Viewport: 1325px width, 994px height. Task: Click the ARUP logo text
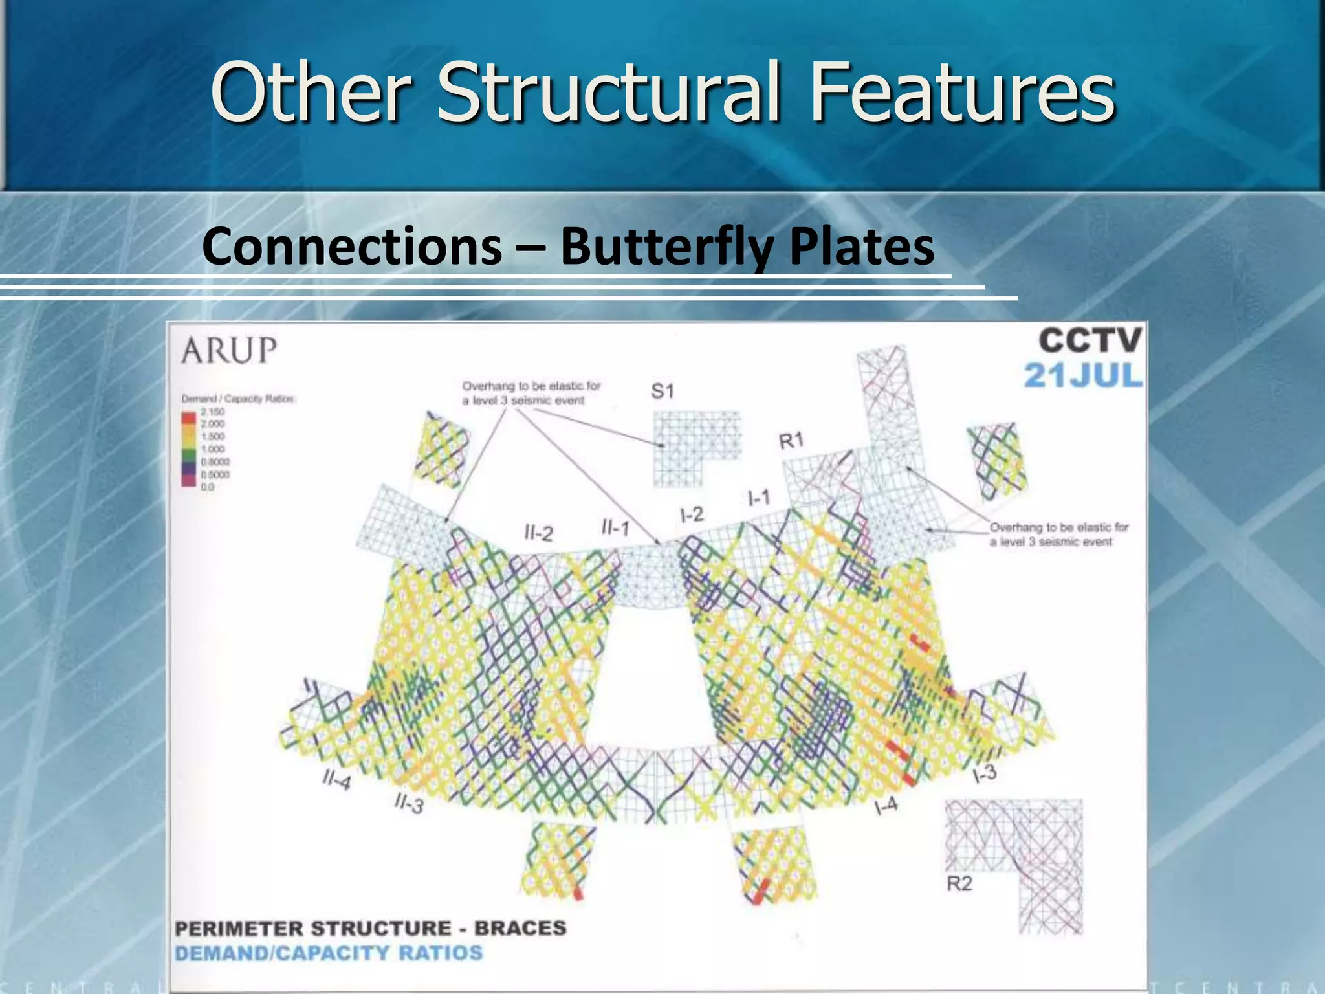click(229, 351)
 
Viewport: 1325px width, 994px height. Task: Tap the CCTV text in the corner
click(1090, 341)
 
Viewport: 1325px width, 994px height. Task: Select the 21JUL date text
click(1083, 376)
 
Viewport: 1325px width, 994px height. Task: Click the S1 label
click(662, 392)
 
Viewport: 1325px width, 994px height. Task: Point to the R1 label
click(791, 441)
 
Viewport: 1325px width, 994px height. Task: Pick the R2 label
click(959, 883)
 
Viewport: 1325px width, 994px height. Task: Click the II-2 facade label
click(539, 533)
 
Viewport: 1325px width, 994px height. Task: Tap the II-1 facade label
click(615, 527)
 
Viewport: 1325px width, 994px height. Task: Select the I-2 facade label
click(692, 515)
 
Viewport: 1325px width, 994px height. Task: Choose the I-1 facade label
click(759, 498)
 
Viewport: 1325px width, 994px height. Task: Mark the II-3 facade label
click(410, 804)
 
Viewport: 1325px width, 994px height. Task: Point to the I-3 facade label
click(985, 773)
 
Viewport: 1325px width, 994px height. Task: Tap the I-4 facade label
click(886, 806)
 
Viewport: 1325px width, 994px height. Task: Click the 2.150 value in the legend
click(212, 412)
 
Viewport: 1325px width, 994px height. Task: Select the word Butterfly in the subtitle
click(667, 247)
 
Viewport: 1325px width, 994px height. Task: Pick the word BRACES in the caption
click(520, 928)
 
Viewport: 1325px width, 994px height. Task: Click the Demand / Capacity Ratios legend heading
click(238, 399)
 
